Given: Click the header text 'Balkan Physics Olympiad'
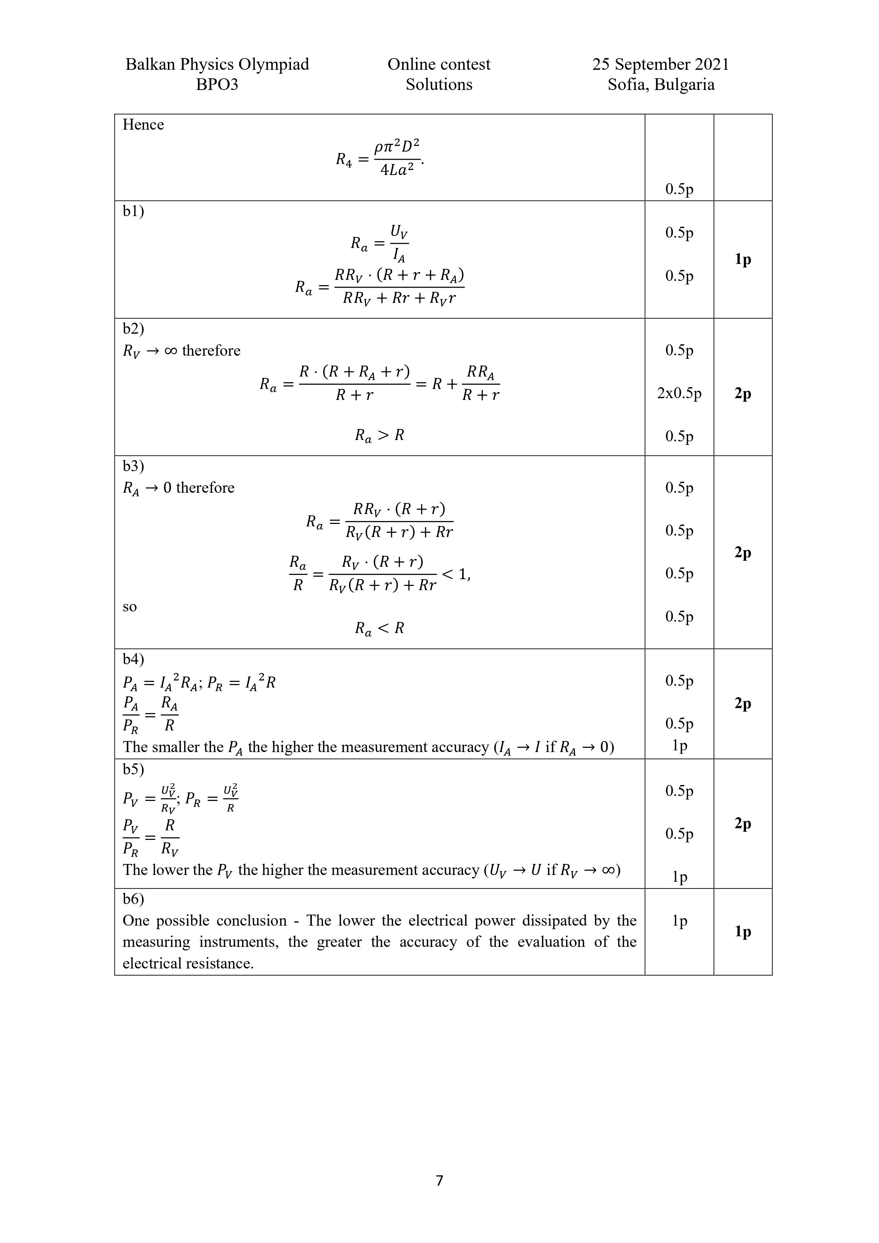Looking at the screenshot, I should coord(217,64).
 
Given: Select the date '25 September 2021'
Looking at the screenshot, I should coord(660,64).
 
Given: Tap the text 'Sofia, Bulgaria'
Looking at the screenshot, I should coord(661,84).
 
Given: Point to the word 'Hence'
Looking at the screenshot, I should coord(143,125).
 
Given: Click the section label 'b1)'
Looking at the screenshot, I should coord(133,211).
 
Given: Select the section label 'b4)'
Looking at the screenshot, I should coord(133,659).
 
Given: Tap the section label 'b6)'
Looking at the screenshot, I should coord(133,899).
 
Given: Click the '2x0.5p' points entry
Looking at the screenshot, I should coord(679,393).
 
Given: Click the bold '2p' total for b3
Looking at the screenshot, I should coord(743,552).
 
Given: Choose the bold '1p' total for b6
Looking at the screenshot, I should coord(743,931).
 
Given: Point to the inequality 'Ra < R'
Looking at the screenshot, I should coord(379,628).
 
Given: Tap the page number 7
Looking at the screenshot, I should coord(439,1180).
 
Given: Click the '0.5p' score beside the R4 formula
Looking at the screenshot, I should coord(679,189).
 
